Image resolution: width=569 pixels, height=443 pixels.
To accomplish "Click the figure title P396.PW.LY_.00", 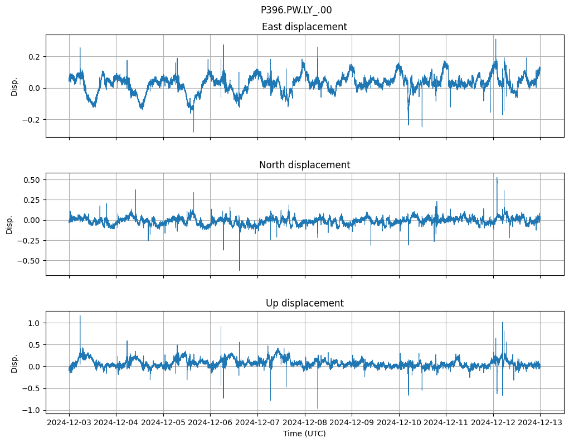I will pos(296,10).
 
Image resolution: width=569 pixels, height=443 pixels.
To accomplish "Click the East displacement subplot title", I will pos(304,27).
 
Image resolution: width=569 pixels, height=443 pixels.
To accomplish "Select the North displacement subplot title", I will pos(304,165).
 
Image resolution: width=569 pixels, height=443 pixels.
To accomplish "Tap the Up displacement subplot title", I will pos(304,303).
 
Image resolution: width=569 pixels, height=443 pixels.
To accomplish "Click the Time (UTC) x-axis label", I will pos(304,434).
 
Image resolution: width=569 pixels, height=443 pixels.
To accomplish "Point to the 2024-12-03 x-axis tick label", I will pos(69,422).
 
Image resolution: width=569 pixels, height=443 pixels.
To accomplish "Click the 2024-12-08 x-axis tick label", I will pos(305,422).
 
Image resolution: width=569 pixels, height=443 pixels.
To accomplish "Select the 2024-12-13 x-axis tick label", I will pos(540,422).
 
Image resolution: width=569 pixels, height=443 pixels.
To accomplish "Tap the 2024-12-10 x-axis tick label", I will pos(399,422).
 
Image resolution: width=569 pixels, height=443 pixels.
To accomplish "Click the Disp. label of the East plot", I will pos(14,86).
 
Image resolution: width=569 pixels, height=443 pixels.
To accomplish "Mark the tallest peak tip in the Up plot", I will pos(80,316).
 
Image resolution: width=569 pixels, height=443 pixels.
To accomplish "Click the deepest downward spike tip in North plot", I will pos(240,270).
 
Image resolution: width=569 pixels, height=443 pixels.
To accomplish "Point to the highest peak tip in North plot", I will pos(497,178).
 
